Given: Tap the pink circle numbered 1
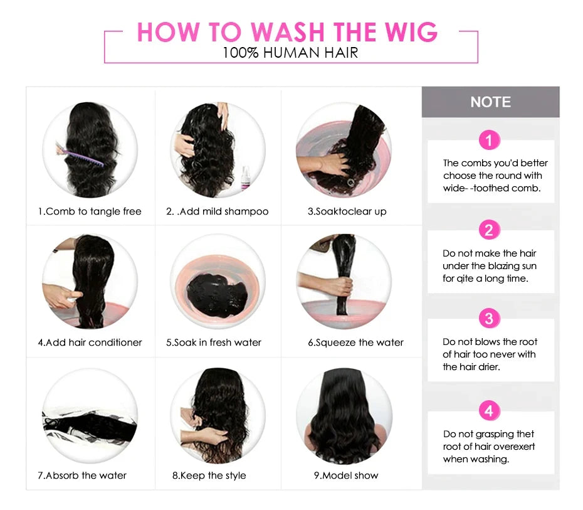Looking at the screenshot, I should coord(489,140).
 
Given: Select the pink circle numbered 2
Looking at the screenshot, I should coord(489,230).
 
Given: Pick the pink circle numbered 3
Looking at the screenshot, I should coord(489,319).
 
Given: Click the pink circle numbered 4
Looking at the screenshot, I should coord(489,412).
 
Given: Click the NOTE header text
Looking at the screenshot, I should coord(490,102).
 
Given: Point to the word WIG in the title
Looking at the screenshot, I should coord(408,33).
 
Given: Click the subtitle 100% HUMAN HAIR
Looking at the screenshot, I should coord(290,53).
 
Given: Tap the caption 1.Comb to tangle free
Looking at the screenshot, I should coord(90,211).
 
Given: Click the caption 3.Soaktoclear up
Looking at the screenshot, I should coord(347,211).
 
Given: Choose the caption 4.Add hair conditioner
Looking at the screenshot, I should coord(90,343).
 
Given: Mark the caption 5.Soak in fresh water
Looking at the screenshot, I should coord(214,343).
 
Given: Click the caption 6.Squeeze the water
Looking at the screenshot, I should coord(355,343).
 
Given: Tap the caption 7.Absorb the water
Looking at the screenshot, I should coord(82,475).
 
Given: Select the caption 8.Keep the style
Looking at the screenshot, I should coord(209,475).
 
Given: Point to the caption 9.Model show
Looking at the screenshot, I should coord(346,475).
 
